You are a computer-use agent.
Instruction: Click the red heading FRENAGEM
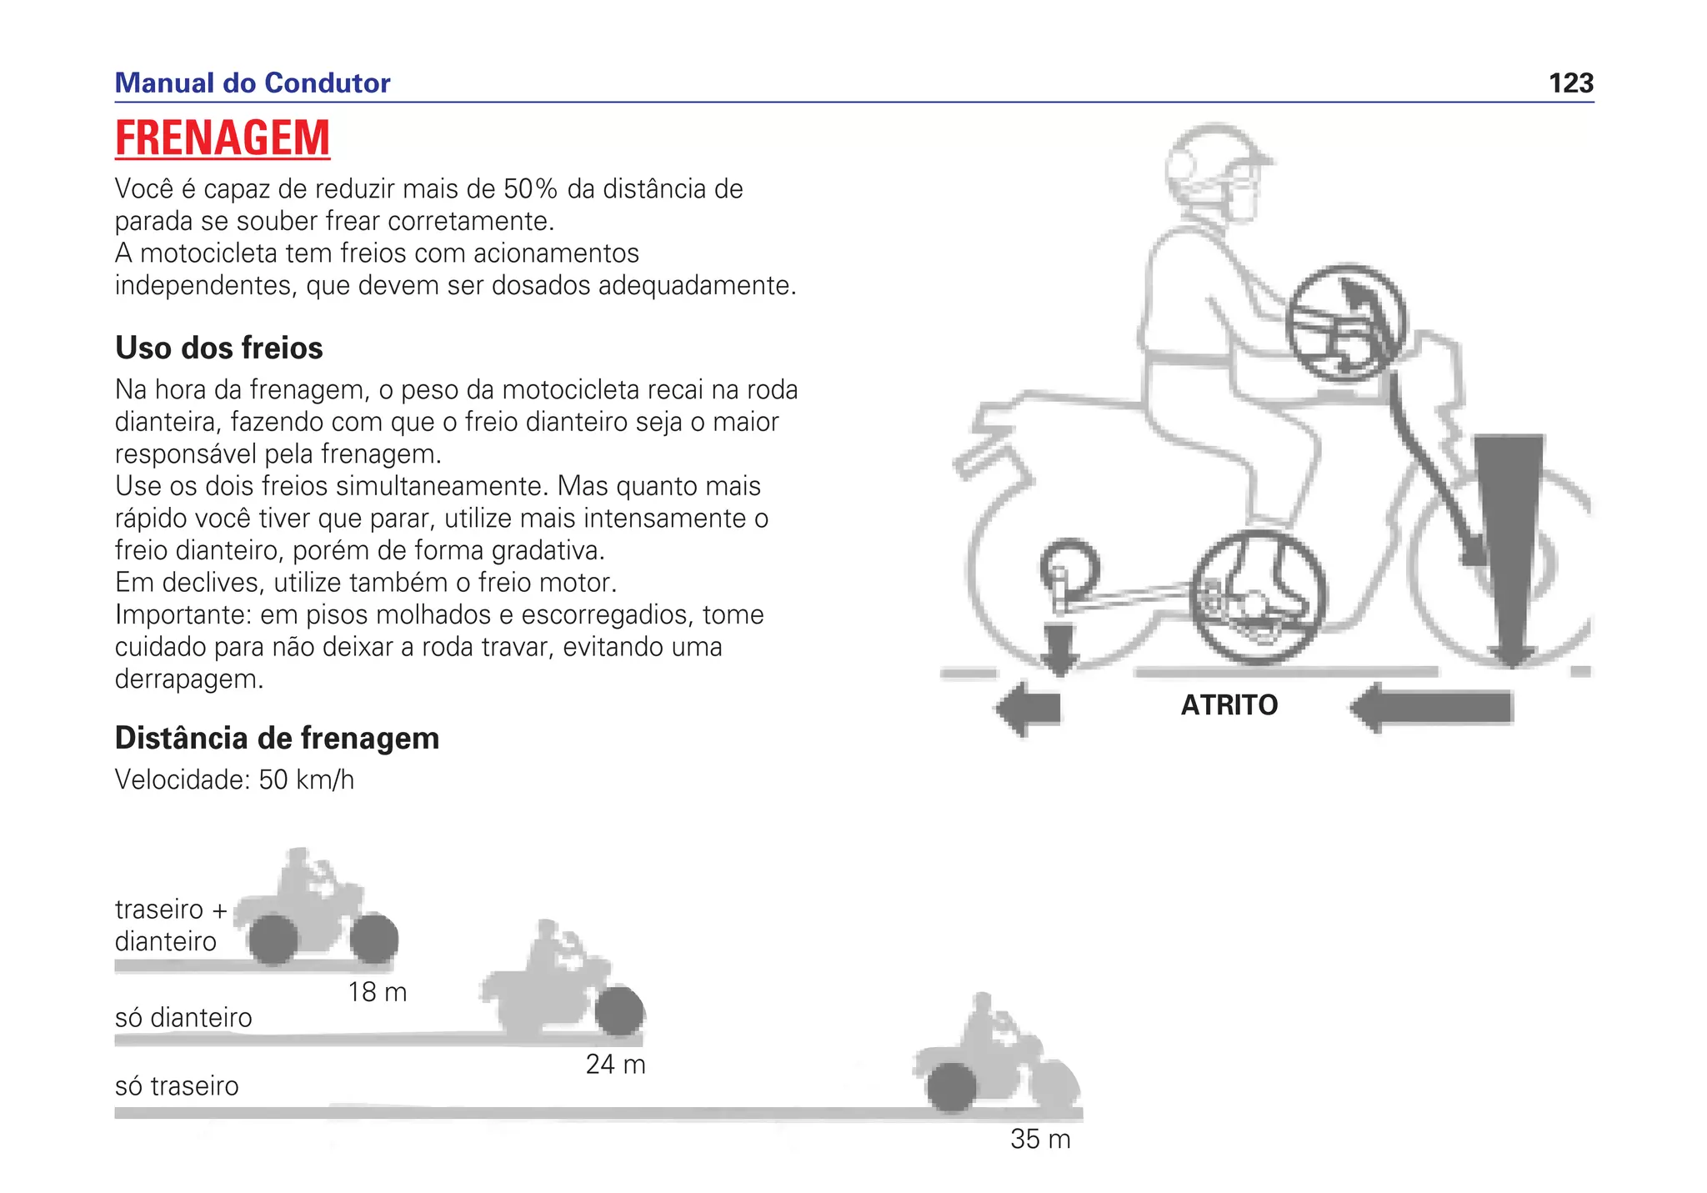tap(223, 138)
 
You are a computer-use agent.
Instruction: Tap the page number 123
tap(1570, 83)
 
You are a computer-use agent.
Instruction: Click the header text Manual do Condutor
tap(252, 83)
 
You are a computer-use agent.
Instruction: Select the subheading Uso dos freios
tap(218, 348)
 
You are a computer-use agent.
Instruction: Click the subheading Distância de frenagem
tap(277, 738)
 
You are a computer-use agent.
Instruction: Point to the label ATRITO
tap(1229, 705)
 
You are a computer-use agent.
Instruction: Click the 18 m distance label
tap(377, 992)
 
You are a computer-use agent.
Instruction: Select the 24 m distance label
tap(615, 1065)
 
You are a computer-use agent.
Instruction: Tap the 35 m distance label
tap(1039, 1139)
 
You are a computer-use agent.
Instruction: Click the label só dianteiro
tap(183, 1018)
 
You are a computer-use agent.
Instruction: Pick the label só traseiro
tap(177, 1086)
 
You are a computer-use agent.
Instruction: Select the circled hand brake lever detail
tap(1345, 323)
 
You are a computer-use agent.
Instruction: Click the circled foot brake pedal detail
tap(1257, 597)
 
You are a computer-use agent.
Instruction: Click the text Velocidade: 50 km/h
tap(234, 780)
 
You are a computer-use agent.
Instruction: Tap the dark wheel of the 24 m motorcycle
tap(618, 1011)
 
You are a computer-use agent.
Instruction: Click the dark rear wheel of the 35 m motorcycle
tap(951, 1087)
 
